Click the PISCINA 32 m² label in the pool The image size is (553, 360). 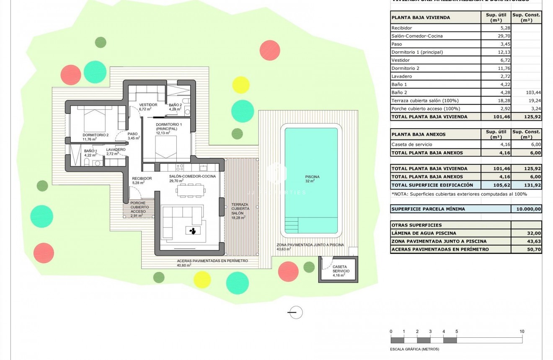(312, 179)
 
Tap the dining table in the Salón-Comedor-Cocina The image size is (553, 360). (191, 191)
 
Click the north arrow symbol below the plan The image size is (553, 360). (296, 312)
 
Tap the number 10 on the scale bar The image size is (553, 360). (522, 332)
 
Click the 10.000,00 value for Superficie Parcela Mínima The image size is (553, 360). (526, 209)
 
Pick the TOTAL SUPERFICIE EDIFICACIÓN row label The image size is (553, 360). (432, 185)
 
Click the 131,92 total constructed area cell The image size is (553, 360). (526, 185)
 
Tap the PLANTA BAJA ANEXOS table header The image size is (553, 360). (418, 135)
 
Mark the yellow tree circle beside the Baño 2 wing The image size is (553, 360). (241, 85)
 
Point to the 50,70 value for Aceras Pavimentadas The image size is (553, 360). (526, 249)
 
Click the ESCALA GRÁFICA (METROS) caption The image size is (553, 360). (414, 349)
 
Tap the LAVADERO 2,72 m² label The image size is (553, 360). (116, 151)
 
